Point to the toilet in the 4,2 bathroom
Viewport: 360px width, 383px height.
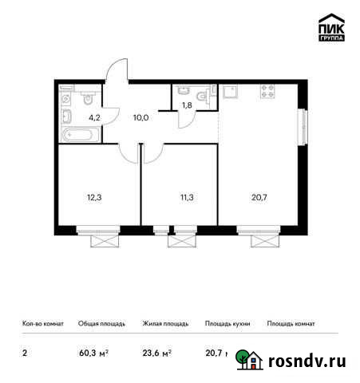pos(89,101)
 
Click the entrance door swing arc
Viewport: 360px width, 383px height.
pos(119,69)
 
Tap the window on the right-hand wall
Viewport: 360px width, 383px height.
pos(303,127)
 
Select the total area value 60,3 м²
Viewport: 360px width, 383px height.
pos(93,352)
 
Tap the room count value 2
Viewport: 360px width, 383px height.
pos(23,352)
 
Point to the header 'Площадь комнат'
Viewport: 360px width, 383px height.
pos(291,324)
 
